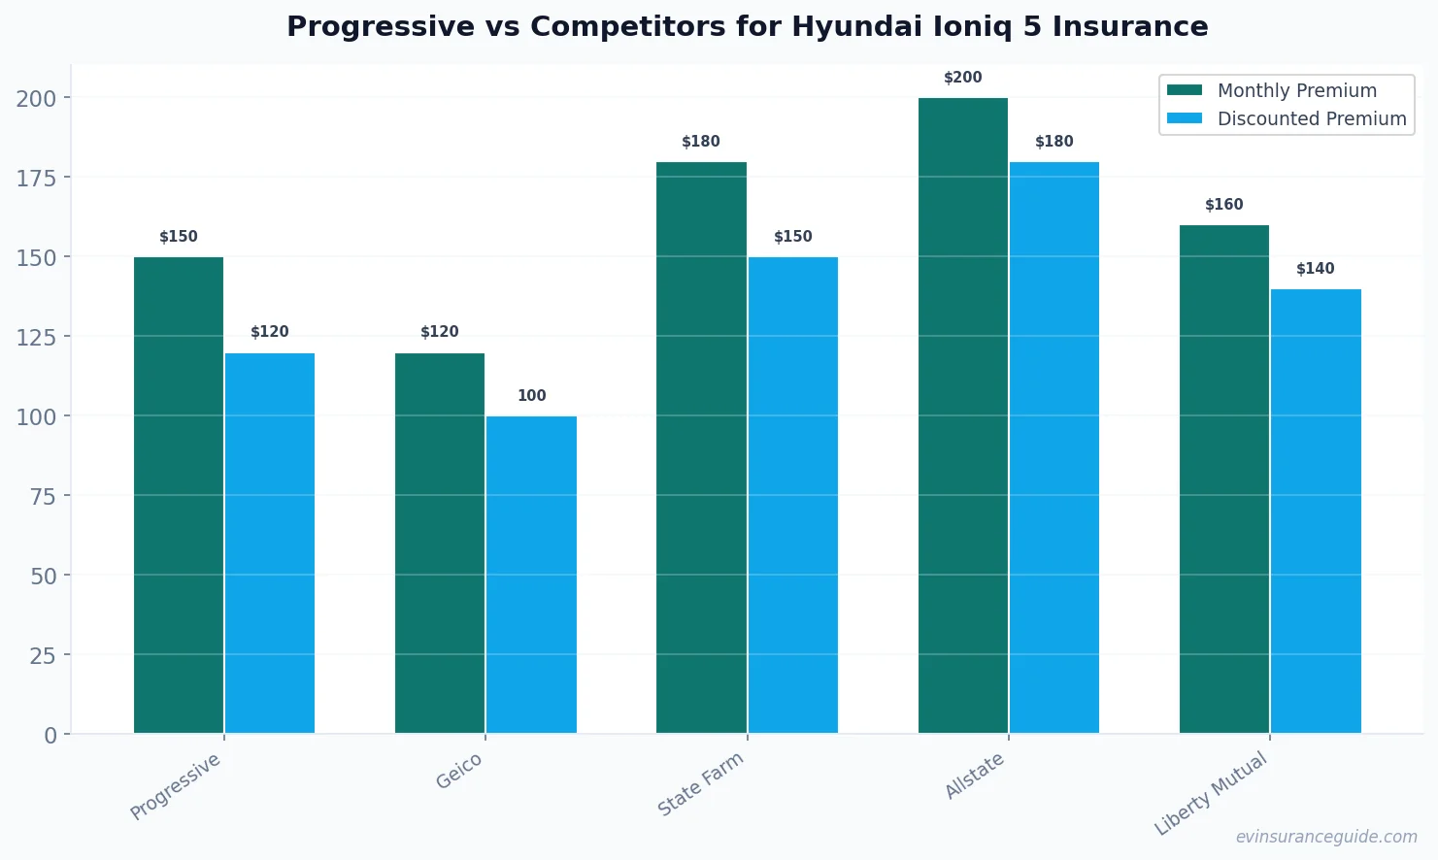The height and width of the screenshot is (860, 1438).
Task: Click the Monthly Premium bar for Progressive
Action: coord(179,495)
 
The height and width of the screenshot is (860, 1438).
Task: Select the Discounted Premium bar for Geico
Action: coord(531,575)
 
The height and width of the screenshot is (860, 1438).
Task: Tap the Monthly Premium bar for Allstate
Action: coord(963,415)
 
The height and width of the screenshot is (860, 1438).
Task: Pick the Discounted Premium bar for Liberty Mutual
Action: coord(1316,511)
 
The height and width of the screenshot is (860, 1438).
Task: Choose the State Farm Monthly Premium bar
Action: coord(701,447)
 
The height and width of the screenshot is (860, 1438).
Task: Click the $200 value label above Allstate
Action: coord(963,78)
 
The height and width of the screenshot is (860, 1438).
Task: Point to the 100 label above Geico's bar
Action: coord(531,396)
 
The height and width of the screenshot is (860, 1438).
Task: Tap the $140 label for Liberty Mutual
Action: coord(1316,269)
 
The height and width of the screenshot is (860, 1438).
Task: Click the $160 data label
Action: coord(1223,205)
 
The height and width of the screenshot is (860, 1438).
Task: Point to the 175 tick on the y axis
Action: coord(36,178)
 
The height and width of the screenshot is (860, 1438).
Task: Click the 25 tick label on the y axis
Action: coord(43,655)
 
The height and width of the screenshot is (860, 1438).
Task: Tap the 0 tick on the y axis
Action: coord(50,735)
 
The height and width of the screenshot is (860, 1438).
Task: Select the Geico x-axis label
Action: coord(459,772)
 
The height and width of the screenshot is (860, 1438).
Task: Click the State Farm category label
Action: coord(700,784)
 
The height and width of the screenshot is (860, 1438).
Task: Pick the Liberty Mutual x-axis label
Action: coord(1211,793)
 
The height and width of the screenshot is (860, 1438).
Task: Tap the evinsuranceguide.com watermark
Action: coord(1326,837)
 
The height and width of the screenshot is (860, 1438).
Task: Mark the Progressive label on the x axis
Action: coord(176,786)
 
